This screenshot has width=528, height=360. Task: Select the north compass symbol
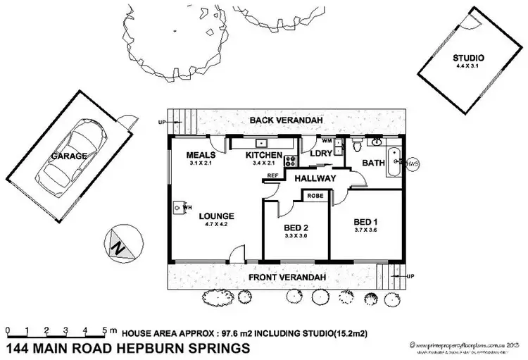119,246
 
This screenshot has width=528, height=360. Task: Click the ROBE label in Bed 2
315,197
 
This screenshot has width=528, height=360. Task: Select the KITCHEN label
263,155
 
